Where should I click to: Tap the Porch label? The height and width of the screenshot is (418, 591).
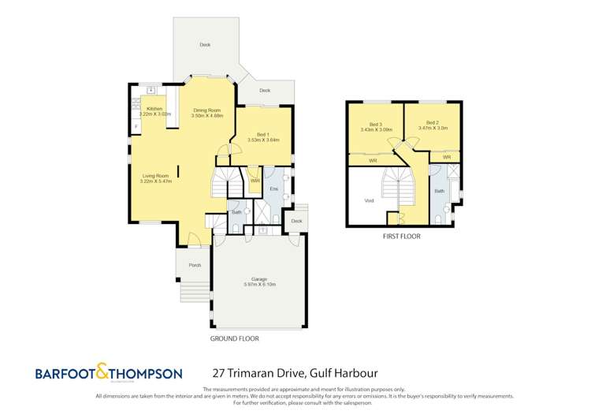pyautogui.click(x=195, y=265)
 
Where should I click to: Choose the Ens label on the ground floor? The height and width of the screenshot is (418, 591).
pyautogui.click(x=273, y=190)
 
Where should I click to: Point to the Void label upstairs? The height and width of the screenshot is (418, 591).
pyautogui.click(x=369, y=200)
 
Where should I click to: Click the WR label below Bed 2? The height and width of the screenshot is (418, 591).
pyautogui.click(x=446, y=157)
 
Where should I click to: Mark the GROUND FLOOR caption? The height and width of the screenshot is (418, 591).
pyautogui.click(x=234, y=338)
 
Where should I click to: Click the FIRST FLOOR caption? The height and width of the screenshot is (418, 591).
pyautogui.click(x=401, y=236)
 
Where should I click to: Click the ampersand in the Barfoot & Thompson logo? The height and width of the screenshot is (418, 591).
pyautogui.click(x=102, y=371)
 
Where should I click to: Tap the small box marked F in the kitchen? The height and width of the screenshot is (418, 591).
pyautogui.click(x=136, y=125)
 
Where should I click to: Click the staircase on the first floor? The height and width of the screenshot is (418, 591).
pyautogui.click(x=398, y=186)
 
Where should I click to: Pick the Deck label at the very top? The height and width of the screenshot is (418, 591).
pyautogui.click(x=205, y=45)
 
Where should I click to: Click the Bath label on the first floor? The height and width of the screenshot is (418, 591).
pyautogui.click(x=439, y=191)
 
